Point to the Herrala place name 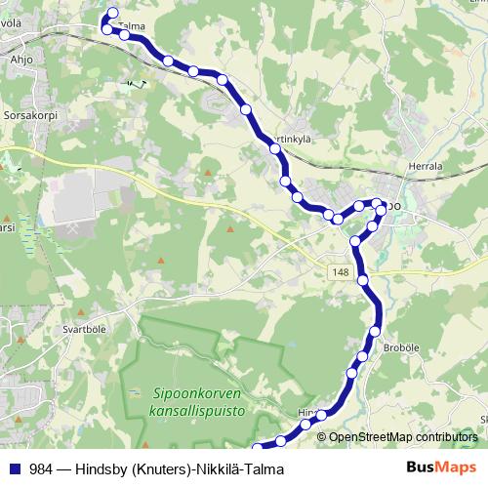click(x=428, y=167)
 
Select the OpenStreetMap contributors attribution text click(x=403, y=437)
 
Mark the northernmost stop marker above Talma click(x=112, y=14)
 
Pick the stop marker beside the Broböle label click(x=374, y=333)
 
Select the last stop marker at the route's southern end click(x=258, y=449)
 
